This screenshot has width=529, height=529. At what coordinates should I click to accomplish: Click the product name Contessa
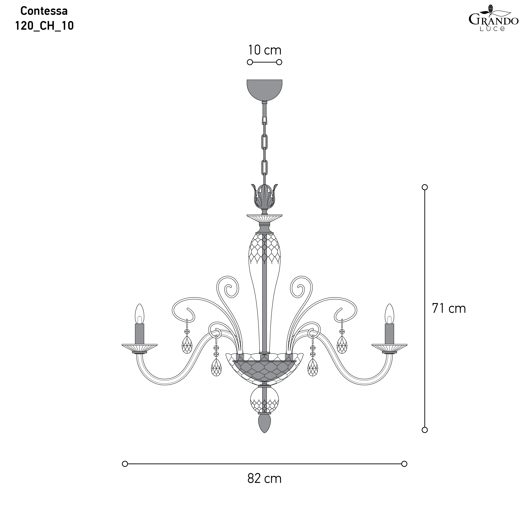click(44, 11)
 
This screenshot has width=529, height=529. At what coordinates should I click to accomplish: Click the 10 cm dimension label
click(265, 50)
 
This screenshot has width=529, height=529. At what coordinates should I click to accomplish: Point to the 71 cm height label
click(449, 308)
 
